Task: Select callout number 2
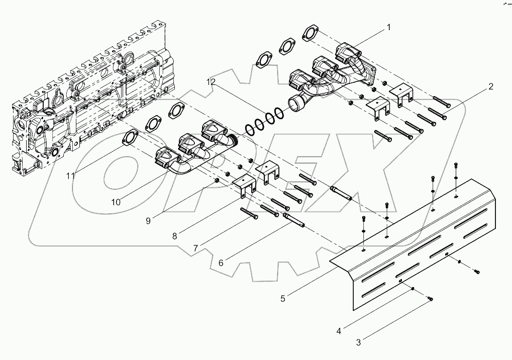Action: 490,86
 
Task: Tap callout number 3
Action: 358,343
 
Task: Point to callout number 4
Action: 339,331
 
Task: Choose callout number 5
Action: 283,298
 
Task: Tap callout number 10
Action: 116,202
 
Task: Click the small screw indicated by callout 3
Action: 430,300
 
